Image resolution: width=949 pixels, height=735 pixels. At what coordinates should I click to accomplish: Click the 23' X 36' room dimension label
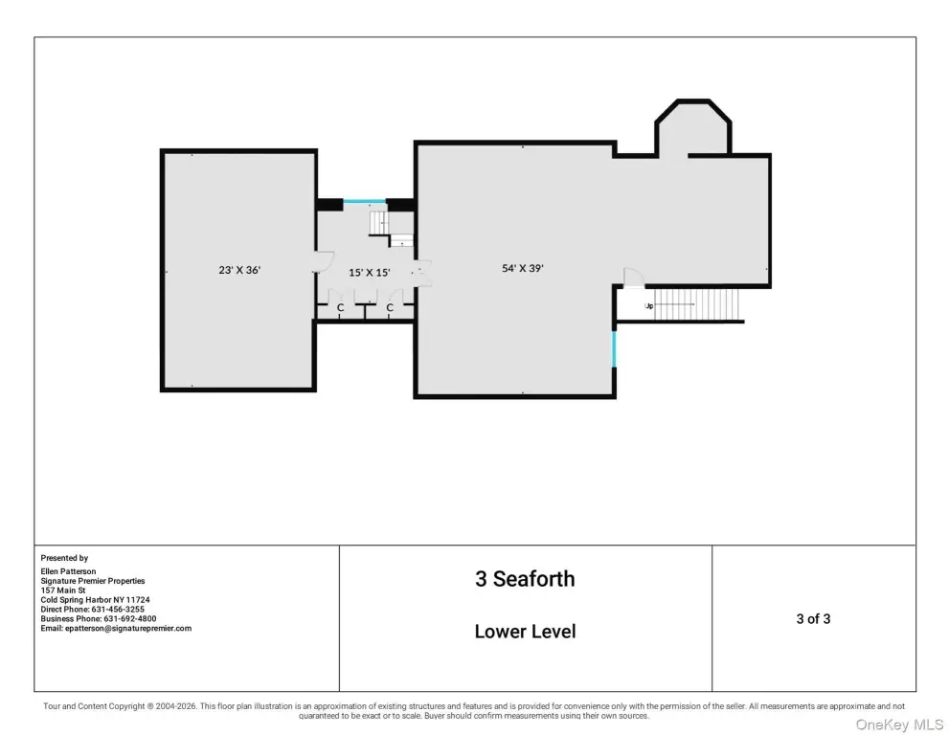tap(239, 270)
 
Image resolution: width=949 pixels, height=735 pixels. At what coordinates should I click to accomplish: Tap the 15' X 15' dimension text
tap(369, 273)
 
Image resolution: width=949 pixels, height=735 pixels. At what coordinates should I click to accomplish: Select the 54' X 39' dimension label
tap(523, 269)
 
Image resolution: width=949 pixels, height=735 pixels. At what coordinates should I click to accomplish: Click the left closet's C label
tap(340, 308)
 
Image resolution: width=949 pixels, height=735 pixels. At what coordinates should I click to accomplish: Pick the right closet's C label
tap(391, 308)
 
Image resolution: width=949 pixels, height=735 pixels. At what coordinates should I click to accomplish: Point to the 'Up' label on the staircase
tap(648, 306)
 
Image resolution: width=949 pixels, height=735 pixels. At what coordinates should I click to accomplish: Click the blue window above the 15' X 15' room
tap(365, 202)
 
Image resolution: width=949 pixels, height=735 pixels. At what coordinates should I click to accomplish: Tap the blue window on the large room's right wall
tap(614, 349)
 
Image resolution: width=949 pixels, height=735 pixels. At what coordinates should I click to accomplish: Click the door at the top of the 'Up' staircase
tap(633, 278)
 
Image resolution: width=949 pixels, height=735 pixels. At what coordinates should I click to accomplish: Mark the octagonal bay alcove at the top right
tap(692, 129)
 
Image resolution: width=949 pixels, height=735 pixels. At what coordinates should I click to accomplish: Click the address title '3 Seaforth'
tap(525, 579)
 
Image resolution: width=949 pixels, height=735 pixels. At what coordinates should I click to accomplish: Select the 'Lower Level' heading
tap(525, 632)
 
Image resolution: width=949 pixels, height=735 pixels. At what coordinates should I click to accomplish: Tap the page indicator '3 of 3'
tap(813, 618)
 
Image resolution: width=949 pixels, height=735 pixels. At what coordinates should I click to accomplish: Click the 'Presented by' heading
tap(64, 558)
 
